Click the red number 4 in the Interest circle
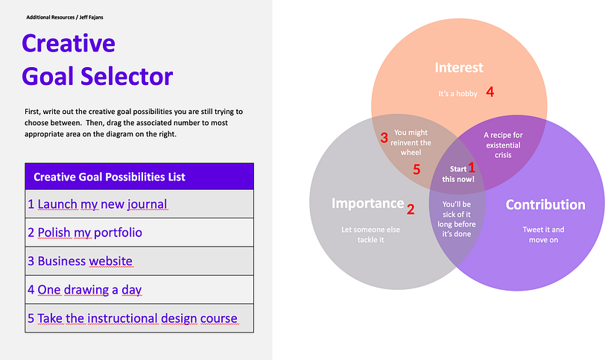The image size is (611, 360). (490, 92)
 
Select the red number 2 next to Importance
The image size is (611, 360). (410, 209)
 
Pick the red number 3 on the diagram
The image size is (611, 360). (384, 138)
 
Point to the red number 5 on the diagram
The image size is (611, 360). (417, 170)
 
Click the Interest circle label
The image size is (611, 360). (459, 68)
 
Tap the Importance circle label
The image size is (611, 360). (367, 203)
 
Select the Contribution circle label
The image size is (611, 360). (545, 204)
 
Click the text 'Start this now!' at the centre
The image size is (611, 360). (457, 174)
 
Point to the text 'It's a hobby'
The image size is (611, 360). (458, 94)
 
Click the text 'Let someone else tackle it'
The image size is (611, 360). (370, 235)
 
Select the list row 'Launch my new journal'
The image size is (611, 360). (139, 204)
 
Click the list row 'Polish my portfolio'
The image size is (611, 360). (139, 233)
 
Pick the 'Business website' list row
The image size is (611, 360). (139, 261)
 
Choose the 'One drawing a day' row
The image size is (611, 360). (139, 289)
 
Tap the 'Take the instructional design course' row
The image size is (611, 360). (139, 318)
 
